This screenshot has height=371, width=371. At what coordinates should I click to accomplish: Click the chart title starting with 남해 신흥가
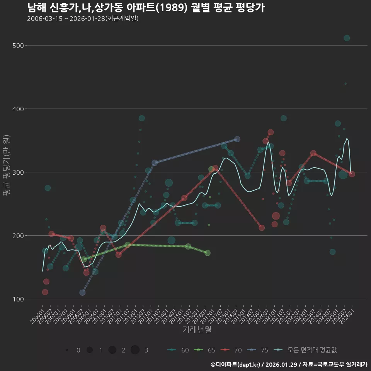146,8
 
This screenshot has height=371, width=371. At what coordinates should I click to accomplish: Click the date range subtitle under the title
83,19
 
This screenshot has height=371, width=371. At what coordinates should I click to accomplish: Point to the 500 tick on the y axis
19,46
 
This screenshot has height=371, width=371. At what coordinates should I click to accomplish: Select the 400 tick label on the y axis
19,109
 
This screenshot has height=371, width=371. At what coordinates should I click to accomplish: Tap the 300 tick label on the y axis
19,172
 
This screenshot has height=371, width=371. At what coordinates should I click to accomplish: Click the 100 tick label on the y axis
19,299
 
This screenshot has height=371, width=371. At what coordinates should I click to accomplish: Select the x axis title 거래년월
197,330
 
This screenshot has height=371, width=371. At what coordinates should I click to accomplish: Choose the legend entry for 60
178,350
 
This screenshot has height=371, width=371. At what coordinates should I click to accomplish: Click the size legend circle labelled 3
135,350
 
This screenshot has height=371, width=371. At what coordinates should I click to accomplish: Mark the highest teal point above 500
347,38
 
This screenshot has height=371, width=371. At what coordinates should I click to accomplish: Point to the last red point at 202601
352,174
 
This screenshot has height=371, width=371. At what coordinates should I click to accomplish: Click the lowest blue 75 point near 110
82,293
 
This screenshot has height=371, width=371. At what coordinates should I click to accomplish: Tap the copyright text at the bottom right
289,364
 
